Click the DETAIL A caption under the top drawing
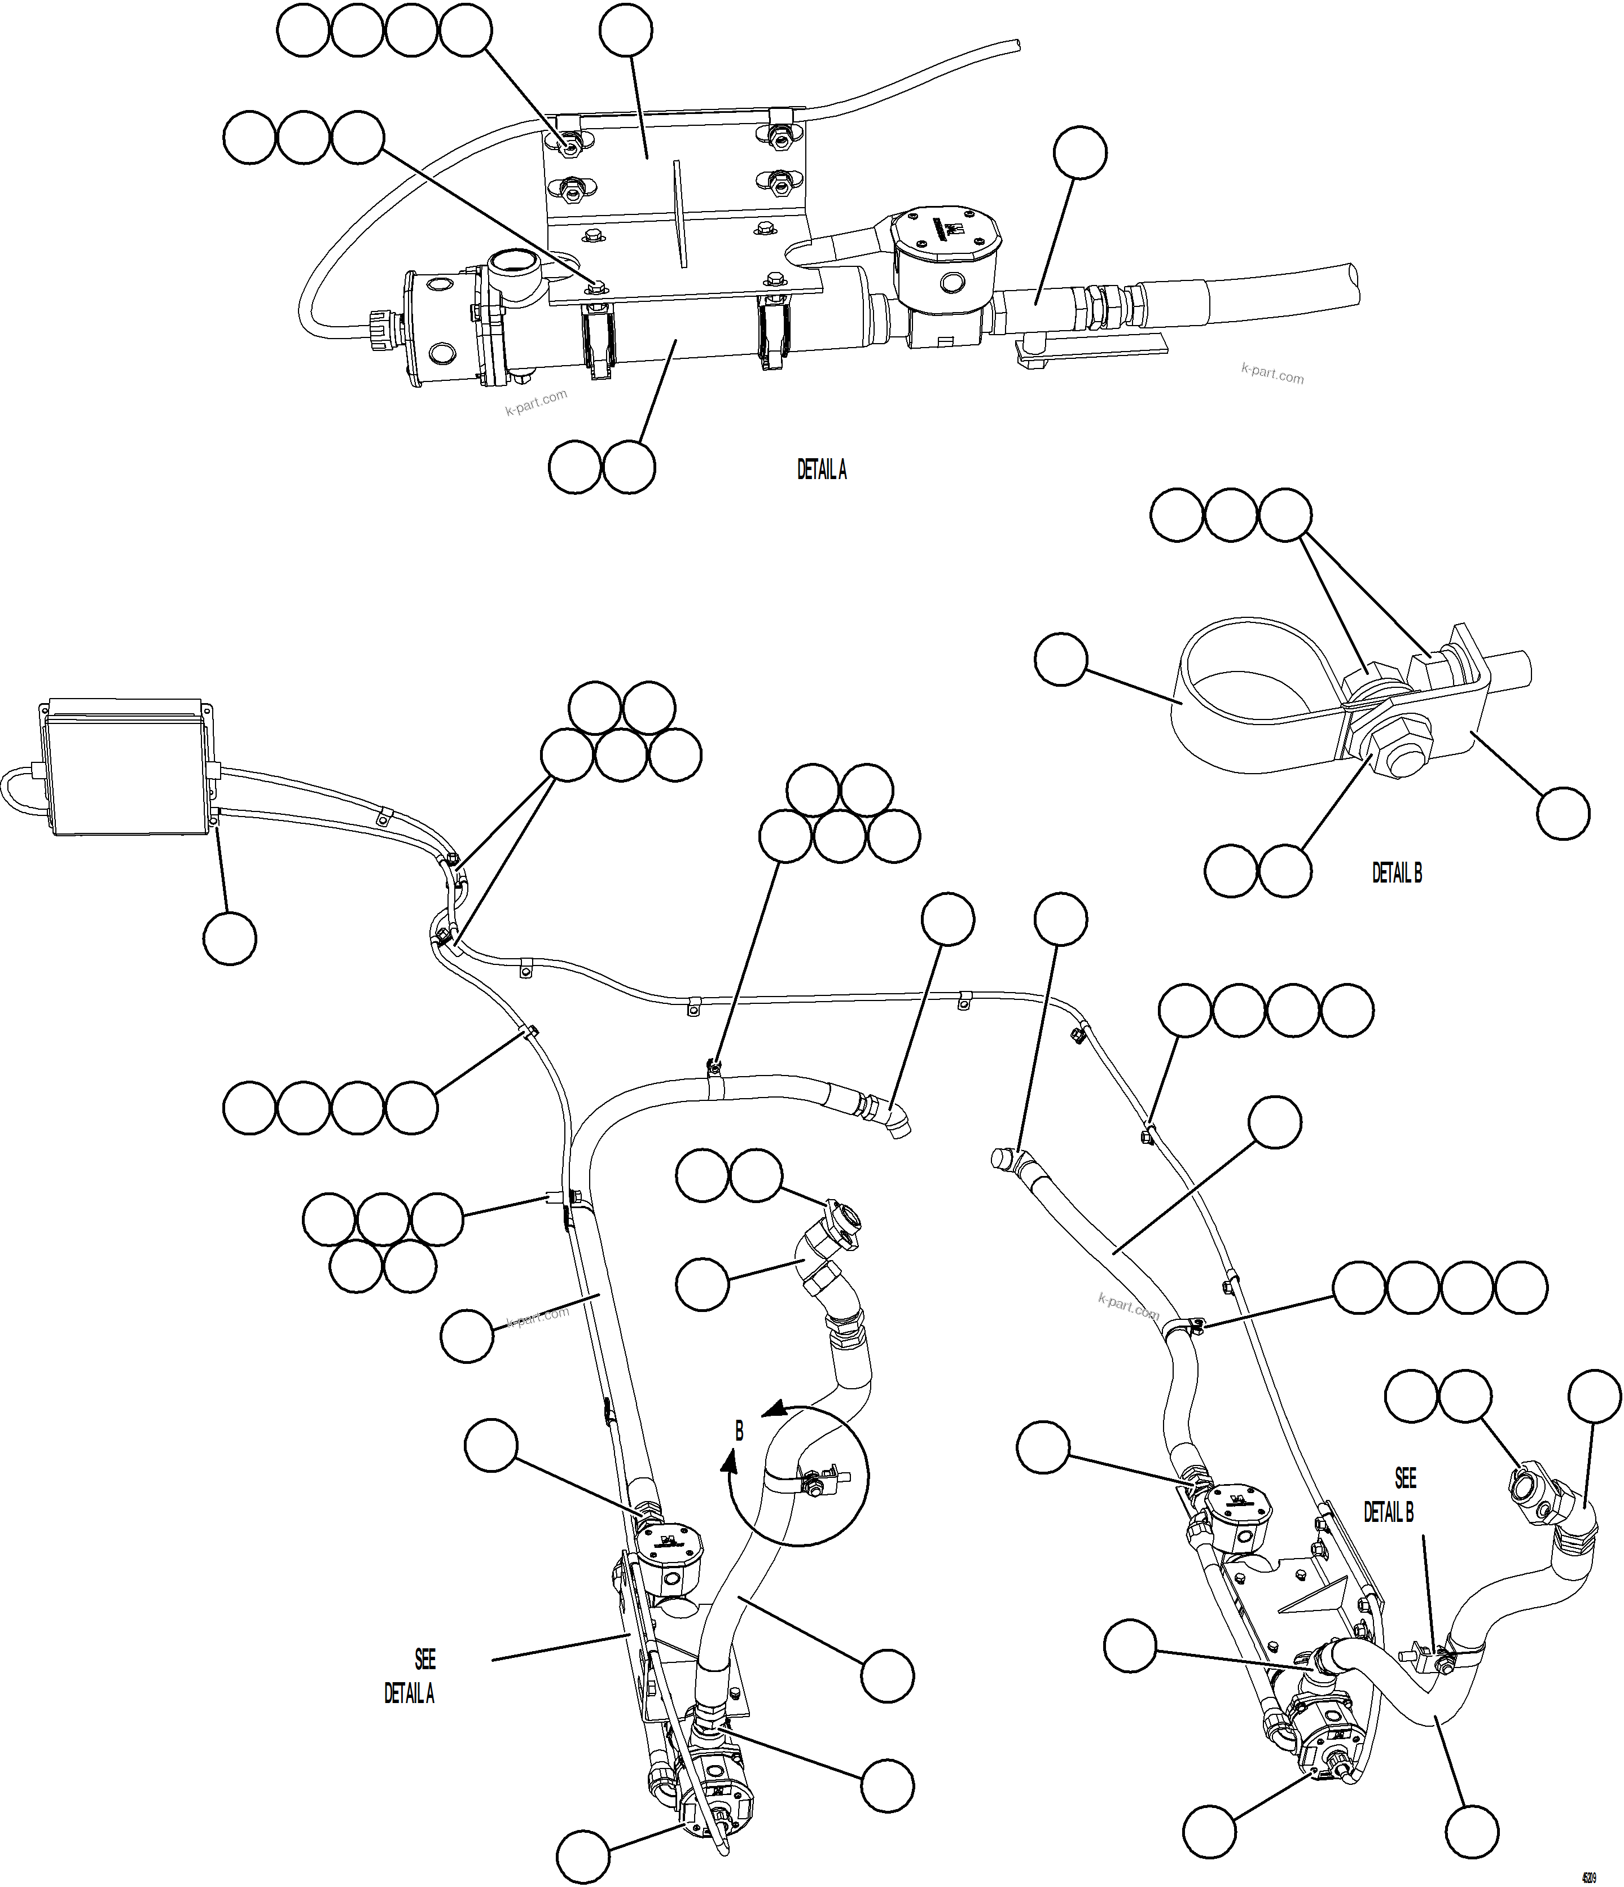822,470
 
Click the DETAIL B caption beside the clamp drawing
1396,872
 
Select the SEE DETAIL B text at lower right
1391,1494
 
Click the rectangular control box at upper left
126,769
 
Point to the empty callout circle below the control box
230,938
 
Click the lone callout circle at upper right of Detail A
1080,152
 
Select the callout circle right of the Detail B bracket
1563,813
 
